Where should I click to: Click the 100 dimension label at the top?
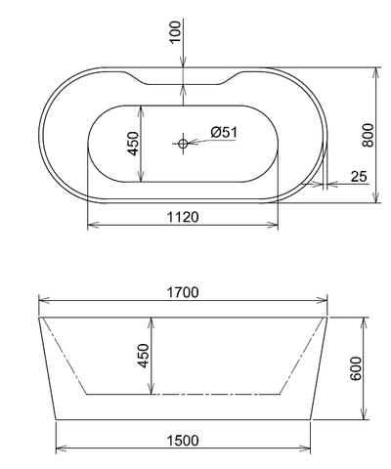point(175,31)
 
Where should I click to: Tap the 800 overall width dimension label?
point(368,135)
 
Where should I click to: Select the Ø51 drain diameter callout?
point(224,132)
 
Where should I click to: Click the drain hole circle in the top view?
point(183,143)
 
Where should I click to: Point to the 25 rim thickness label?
point(359,177)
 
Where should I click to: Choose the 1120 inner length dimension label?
point(183,217)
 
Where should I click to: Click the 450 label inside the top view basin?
point(133,144)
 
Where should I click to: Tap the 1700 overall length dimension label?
point(183,292)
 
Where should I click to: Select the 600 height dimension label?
point(356,368)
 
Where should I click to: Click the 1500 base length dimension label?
point(183,441)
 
